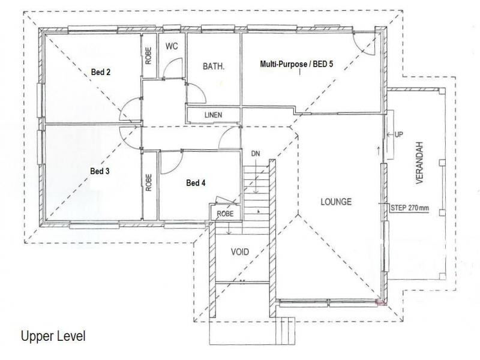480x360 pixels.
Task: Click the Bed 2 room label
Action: tap(101, 72)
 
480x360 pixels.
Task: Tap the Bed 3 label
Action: tap(100, 171)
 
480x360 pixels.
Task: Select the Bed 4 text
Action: tap(196, 183)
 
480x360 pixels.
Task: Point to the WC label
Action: tap(172, 46)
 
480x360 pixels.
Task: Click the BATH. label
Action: tap(214, 67)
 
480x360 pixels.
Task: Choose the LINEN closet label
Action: tap(214, 115)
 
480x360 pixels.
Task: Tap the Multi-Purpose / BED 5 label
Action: tap(296, 64)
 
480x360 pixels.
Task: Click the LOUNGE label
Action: tap(336, 202)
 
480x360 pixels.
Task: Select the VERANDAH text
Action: tap(419, 163)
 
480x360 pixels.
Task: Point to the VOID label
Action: tap(239, 252)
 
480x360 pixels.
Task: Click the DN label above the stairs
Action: tap(256, 154)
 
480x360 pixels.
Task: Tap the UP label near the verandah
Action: tap(398, 134)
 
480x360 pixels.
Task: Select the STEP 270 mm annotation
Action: tap(410, 208)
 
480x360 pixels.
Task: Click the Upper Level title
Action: tap(53, 336)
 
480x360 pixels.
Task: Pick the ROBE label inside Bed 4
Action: tap(225, 214)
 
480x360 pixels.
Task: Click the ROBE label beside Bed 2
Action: tap(148, 56)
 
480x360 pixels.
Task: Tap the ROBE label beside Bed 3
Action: tap(148, 183)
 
